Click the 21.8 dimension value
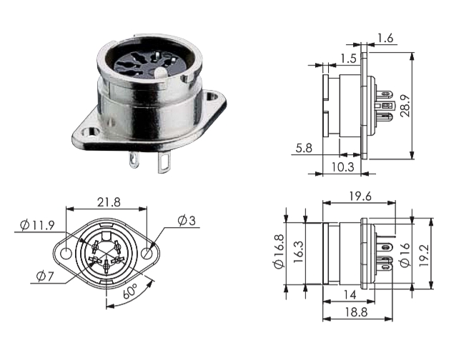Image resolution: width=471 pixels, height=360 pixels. (106, 203)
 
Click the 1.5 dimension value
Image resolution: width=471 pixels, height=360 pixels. (349, 57)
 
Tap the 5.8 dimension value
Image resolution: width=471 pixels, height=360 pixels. (302, 149)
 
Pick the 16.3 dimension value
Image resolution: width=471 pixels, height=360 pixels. (298, 251)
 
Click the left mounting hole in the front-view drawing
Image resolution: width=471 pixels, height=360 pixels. (66, 254)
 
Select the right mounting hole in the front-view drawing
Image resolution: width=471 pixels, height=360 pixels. (147, 254)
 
